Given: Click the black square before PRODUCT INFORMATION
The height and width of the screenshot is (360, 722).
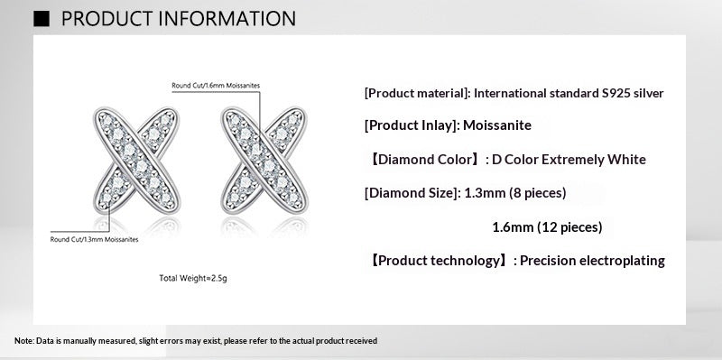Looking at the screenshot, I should click(42, 18).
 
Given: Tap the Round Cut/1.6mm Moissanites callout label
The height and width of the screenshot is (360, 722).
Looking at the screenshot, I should click(216, 85).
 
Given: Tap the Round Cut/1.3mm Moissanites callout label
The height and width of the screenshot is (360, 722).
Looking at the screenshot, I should click(95, 239).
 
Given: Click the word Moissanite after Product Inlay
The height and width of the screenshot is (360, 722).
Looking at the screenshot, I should click(499, 126).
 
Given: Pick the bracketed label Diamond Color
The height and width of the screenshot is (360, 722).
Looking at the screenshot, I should click(423, 160).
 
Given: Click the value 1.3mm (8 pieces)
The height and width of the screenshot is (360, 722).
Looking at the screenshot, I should click(514, 193).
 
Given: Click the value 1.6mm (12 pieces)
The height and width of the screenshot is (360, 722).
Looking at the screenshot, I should click(547, 227).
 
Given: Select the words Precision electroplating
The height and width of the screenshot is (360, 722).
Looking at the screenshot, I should click(594, 261).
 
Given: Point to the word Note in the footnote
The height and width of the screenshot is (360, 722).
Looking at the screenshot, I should click(23, 341).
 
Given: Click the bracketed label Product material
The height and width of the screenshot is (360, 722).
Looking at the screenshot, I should click(416, 93).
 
